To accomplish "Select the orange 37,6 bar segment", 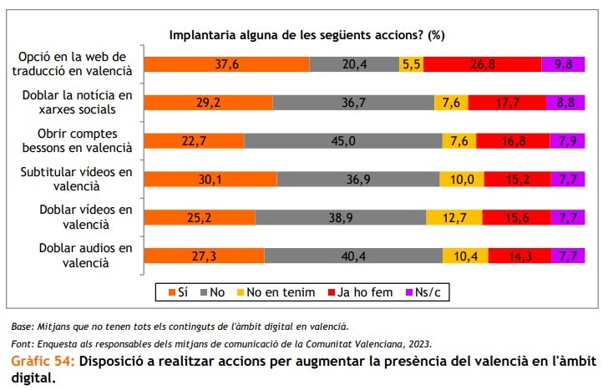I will [226, 64].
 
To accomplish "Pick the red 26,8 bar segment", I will [488, 64].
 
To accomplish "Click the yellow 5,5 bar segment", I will [411, 64].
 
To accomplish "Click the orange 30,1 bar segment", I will [210, 180].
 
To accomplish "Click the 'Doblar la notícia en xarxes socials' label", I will [78, 103].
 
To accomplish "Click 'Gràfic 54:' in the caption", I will [43, 362].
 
